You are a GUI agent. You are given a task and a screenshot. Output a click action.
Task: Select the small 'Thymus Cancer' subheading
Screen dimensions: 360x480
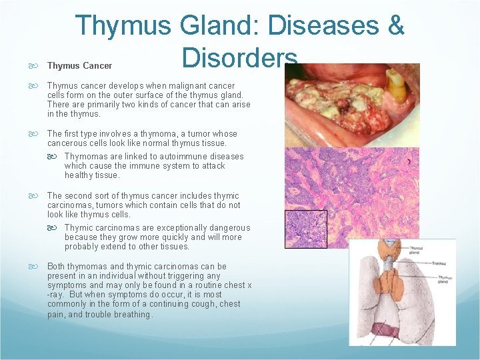coord(79,66)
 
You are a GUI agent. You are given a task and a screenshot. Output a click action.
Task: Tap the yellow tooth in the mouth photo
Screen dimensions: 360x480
coord(397,83)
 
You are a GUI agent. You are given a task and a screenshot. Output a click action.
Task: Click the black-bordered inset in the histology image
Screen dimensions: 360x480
coord(306,229)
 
